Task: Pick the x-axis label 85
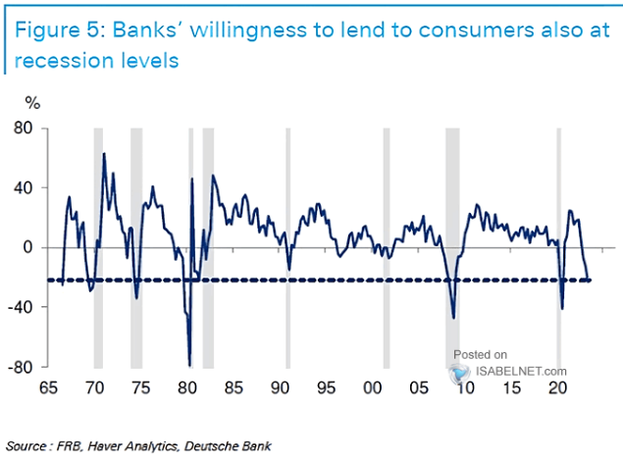233,387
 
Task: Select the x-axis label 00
373,387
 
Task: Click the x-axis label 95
326,387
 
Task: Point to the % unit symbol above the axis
33,102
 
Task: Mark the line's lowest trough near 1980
189,365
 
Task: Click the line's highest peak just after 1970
104,154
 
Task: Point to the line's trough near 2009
453,317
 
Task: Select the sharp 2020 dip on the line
562,308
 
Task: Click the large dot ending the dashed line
589,281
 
